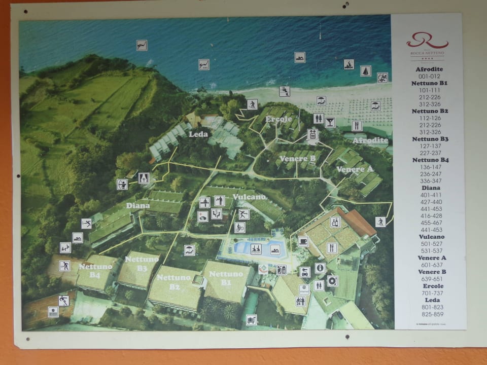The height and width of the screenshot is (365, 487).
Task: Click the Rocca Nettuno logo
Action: (427, 40)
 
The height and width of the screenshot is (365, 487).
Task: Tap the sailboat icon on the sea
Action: (365, 71)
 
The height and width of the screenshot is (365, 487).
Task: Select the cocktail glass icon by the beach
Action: (330, 122)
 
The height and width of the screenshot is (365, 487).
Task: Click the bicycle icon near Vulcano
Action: (240, 228)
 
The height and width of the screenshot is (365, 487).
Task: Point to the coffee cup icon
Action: (303, 241)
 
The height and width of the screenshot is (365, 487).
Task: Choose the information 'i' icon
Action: (320, 268)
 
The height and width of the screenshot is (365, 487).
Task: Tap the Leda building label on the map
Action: (198, 134)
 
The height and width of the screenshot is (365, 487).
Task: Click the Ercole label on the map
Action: (279, 119)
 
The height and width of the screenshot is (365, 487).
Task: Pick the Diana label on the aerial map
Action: (137, 206)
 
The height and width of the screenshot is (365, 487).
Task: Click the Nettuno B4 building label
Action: (89, 270)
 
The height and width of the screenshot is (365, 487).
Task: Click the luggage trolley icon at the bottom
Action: (251, 319)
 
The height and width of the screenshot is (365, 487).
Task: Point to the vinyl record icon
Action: (333, 280)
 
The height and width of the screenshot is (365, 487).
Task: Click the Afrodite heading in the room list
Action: (429, 69)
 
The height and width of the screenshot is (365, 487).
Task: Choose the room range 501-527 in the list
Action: (431, 244)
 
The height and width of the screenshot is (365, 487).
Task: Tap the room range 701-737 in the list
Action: (431, 293)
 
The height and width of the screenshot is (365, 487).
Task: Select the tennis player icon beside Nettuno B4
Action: (65, 266)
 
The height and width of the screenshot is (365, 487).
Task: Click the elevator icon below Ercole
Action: (312, 134)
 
